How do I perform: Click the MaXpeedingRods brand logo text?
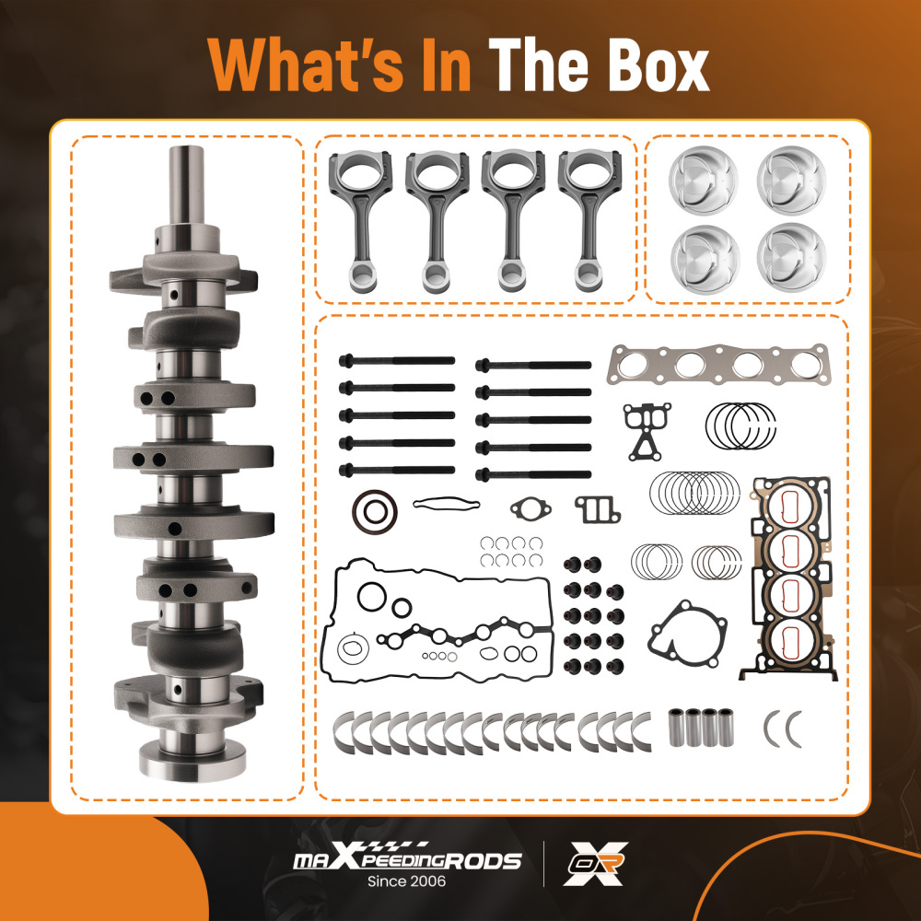407,858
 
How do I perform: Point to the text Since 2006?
406,881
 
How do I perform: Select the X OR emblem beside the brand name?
596,864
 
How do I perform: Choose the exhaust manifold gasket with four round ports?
719,364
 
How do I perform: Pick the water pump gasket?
687,635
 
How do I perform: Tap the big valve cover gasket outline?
329,623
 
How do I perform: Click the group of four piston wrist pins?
701,728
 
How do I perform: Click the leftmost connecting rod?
361,220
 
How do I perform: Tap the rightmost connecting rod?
589,220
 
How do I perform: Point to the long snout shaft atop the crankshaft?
187,185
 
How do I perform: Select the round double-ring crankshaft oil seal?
375,512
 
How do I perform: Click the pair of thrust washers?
782,729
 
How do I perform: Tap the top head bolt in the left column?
397,361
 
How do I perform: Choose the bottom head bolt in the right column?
533,474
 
